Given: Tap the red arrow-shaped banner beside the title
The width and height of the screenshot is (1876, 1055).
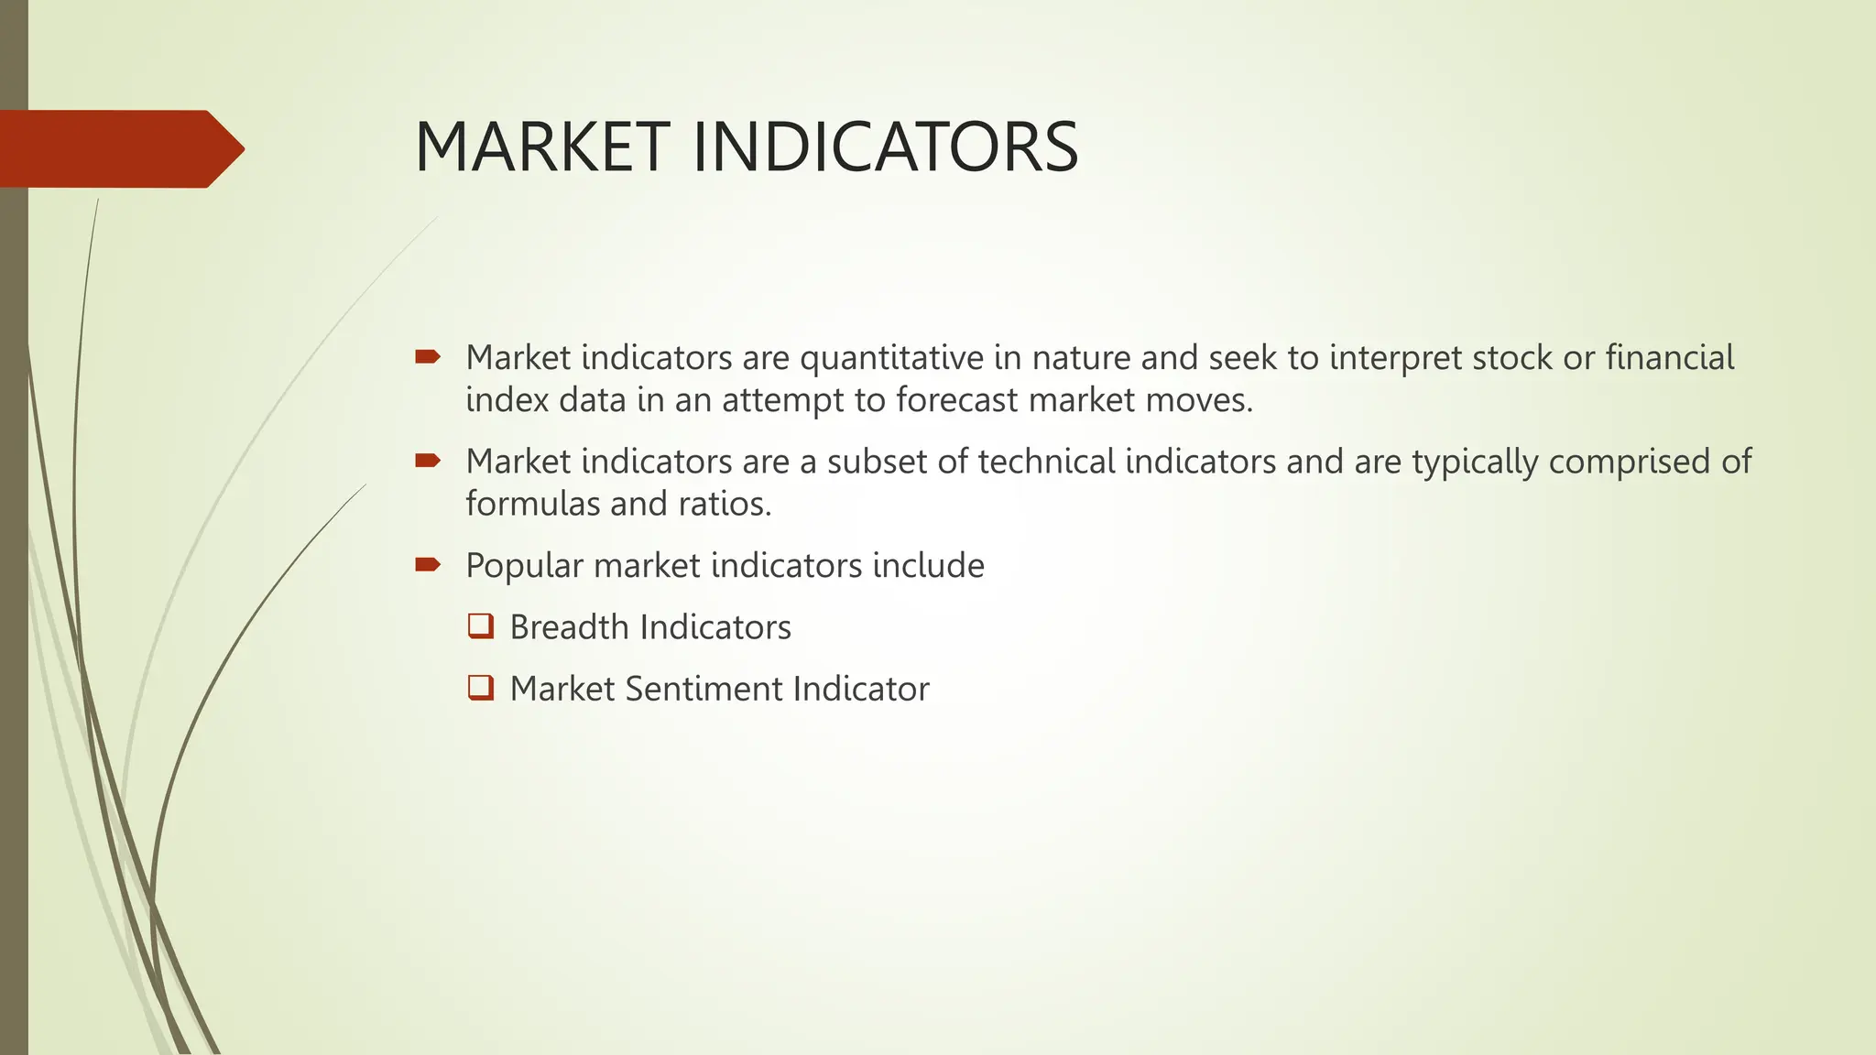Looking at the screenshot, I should (119, 148).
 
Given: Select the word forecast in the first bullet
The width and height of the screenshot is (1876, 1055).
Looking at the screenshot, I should (956, 400).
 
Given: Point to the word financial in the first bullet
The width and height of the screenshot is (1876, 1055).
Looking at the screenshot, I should (1669, 357).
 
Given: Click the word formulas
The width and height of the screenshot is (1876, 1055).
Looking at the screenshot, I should (533, 504).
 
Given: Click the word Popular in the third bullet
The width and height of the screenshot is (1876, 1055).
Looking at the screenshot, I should (524, 566).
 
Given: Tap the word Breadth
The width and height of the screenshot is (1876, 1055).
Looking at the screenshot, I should (569, 627).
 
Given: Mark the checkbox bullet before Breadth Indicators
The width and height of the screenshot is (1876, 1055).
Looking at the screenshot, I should (481, 626).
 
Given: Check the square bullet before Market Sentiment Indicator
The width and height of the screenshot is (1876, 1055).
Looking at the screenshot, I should (481, 688).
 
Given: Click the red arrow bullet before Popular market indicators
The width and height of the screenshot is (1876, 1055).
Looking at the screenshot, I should (428, 564).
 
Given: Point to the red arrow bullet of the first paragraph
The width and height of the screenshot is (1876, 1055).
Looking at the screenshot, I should (428, 356).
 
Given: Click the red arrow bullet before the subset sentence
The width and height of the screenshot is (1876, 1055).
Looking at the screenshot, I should (428, 461).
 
